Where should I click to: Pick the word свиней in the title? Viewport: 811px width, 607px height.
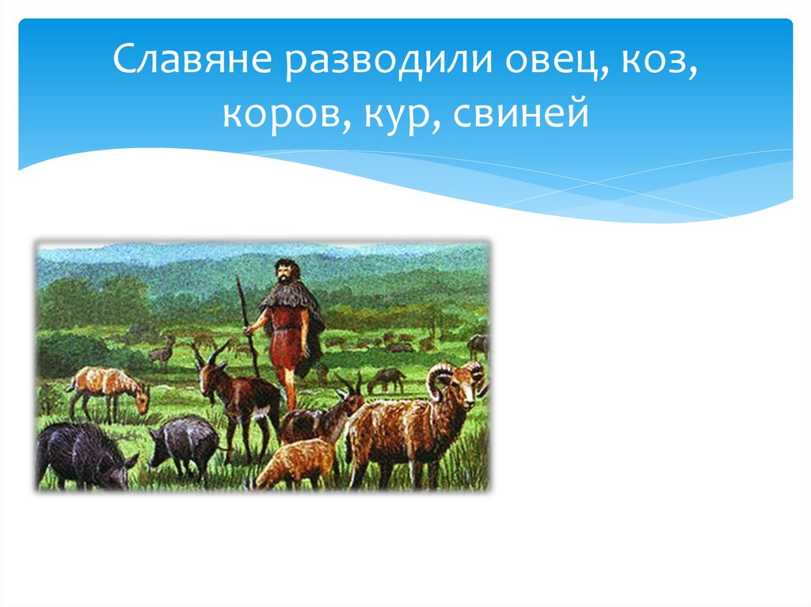tap(522, 115)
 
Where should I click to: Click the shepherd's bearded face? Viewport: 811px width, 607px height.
tap(283, 273)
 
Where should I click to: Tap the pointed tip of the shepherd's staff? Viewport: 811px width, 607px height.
tap(237, 279)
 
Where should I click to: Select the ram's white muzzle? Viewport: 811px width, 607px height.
tap(478, 388)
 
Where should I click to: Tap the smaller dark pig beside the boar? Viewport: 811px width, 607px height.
tap(184, 443)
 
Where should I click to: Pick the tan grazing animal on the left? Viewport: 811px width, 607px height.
tap(107, 388)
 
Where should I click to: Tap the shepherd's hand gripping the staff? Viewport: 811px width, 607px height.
tap(249, 331)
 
